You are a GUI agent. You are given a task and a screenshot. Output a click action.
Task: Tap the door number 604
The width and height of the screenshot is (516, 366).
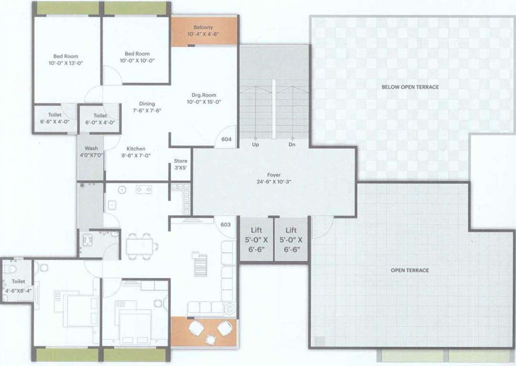(x=227, y=140)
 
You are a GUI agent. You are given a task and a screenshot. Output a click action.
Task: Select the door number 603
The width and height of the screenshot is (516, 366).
(x=226, y=224)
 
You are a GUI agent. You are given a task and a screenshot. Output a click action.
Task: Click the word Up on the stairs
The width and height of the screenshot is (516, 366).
(x=256, y=144)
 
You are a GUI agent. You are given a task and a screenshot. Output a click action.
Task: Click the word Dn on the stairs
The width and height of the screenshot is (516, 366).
(x=291, y=144)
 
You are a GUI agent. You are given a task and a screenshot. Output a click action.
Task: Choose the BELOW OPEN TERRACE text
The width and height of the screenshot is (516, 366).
(x=410, y=87)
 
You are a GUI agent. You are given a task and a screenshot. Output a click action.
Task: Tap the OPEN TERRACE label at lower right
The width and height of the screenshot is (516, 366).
(x=410, y=270)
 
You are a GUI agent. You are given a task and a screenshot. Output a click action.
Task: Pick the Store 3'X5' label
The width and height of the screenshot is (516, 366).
(x=181, y=164)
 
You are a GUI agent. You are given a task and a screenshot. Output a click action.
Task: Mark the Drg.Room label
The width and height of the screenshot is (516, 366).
(x=204, y=98)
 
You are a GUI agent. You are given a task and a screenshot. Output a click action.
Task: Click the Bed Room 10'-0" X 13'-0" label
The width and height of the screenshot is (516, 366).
(x=66, y=59)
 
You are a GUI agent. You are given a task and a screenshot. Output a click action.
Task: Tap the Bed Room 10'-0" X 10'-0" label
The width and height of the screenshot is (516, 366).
(x=137, y=57)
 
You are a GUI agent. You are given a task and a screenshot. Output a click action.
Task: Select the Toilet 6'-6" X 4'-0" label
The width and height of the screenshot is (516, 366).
(x=55, y=118)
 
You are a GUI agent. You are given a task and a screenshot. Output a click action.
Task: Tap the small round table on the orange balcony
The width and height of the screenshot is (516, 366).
(x=210, y=339)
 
